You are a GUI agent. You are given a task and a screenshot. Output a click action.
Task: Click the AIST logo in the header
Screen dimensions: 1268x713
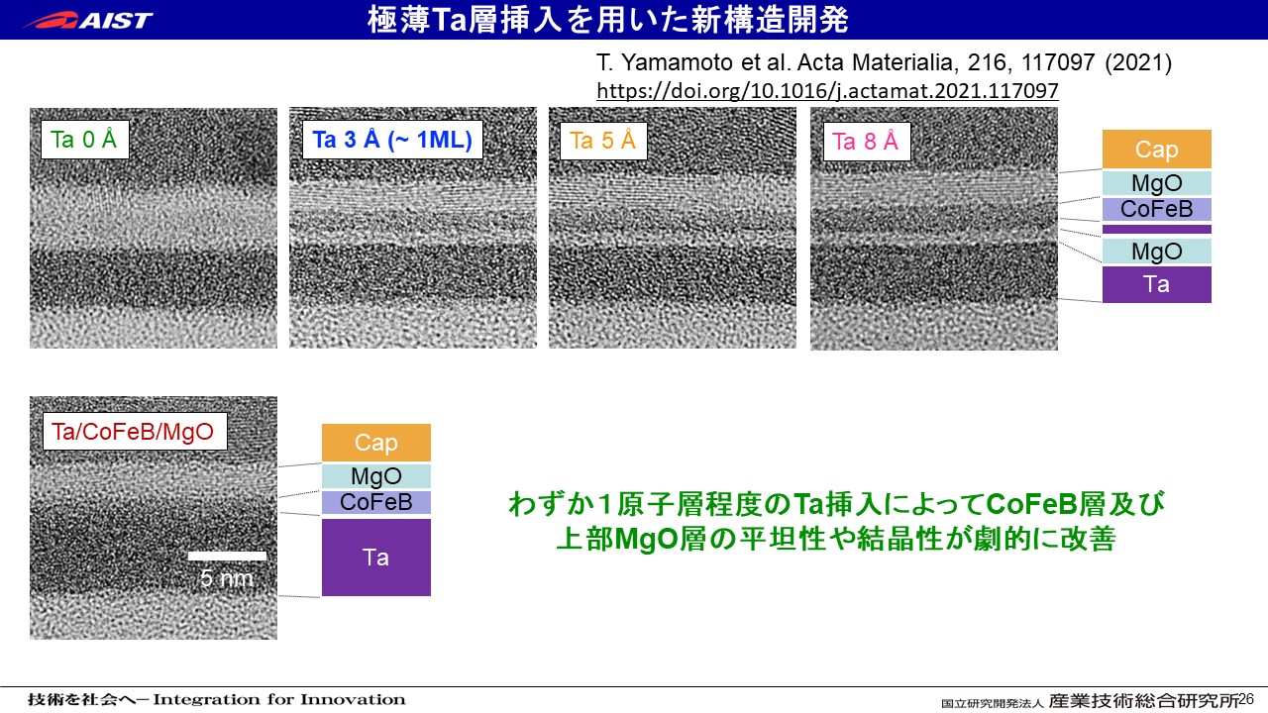point(88,20)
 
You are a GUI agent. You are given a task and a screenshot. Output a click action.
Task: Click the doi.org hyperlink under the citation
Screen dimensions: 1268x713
point(827,90)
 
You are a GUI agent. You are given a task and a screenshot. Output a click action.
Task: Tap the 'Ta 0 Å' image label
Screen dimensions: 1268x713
point(85,140)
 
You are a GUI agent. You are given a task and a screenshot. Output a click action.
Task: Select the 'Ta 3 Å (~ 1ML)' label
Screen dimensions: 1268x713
point(392,140)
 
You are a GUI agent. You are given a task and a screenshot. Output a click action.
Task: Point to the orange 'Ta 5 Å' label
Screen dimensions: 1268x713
point(603,141)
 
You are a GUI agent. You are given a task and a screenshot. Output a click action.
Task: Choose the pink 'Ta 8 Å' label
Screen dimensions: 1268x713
point(866,141)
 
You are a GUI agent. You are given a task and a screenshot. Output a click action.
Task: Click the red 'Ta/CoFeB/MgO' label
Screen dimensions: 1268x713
point(135,431)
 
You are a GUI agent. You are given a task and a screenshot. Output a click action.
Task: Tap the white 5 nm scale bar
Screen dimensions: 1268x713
point(227,556)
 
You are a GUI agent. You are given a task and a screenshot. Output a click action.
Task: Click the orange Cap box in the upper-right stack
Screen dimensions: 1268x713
point(1156,149)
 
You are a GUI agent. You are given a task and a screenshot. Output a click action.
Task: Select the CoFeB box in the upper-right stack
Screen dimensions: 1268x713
point(1156,209)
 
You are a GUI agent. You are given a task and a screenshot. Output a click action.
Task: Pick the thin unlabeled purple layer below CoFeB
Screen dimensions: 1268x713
point(1156,229)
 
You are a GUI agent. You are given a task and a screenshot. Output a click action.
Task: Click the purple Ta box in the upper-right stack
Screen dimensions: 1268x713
point(1156,284)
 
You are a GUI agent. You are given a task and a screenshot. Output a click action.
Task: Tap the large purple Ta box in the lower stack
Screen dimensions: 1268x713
point(375,557)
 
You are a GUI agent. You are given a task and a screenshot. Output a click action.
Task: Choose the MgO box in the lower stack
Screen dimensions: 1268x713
point(375,476)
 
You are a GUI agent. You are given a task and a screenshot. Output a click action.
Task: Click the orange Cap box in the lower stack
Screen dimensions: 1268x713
point(375,442)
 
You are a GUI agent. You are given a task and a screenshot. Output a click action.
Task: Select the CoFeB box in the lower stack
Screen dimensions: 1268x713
point(375,502)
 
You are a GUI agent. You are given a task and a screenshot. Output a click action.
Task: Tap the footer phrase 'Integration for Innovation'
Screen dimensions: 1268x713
point(279,699)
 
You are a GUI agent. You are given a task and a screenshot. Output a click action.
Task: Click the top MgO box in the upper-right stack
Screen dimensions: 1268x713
point(1156,183)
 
